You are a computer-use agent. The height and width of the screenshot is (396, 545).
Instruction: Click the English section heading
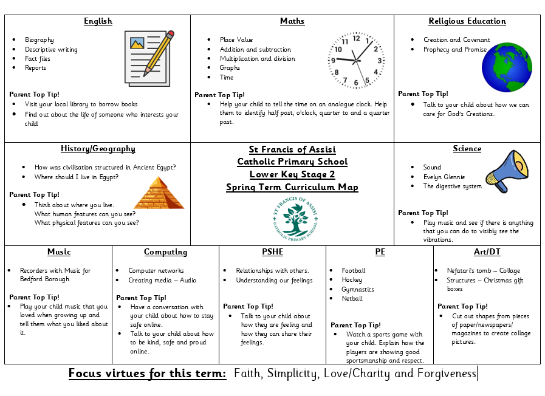click(x=98, y=21)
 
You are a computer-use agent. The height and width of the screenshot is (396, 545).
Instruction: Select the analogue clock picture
click(x=357, y=60)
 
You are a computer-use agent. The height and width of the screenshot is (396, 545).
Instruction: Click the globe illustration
click(x=507, y=67)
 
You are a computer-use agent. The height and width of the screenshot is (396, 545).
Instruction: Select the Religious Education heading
click(x=467, y=21)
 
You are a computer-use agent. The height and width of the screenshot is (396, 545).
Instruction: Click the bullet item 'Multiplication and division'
click(x=257, y=59)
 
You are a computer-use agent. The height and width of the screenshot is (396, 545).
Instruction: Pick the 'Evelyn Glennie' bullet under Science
click(x=444, y=177)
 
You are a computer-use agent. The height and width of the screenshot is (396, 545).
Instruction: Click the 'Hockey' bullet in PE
click(x=352, y=280)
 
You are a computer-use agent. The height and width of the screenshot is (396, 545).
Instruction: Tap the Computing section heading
click(x=165, y=252)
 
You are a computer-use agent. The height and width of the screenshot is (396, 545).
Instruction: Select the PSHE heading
click(x=272, y=252)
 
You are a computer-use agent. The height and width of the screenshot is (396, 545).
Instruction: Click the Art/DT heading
click(x=487, y=252)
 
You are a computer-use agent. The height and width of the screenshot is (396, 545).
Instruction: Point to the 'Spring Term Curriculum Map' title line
click(x=292, y=187)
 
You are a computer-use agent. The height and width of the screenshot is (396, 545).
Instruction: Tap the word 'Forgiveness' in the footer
click(x=445, y=373)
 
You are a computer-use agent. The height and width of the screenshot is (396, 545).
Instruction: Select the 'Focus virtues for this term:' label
click(x=147, y=373)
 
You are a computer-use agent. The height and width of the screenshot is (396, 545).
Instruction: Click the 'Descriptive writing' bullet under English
click(x=50, y=49)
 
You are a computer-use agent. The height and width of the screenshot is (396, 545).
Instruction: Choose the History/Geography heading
click(x=98, y=149)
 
